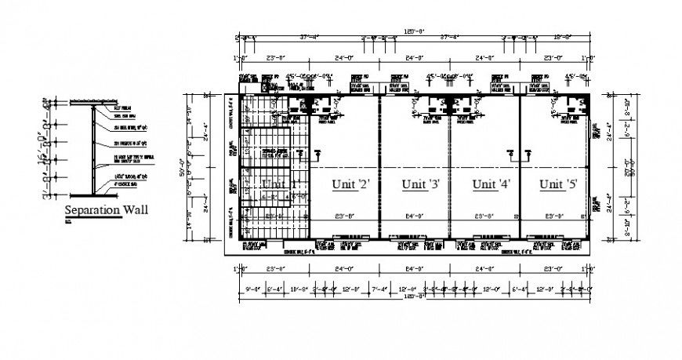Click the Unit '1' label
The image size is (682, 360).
(280, 184)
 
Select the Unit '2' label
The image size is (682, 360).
(350, 184)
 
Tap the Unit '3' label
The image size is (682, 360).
(421, 184)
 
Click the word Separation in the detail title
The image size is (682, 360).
(91, 210)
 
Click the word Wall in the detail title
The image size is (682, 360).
(134, 210)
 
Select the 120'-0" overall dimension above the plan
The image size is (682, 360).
(413, 31)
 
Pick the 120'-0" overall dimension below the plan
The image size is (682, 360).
(413, 296)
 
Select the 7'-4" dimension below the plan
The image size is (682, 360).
(381, 289)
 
